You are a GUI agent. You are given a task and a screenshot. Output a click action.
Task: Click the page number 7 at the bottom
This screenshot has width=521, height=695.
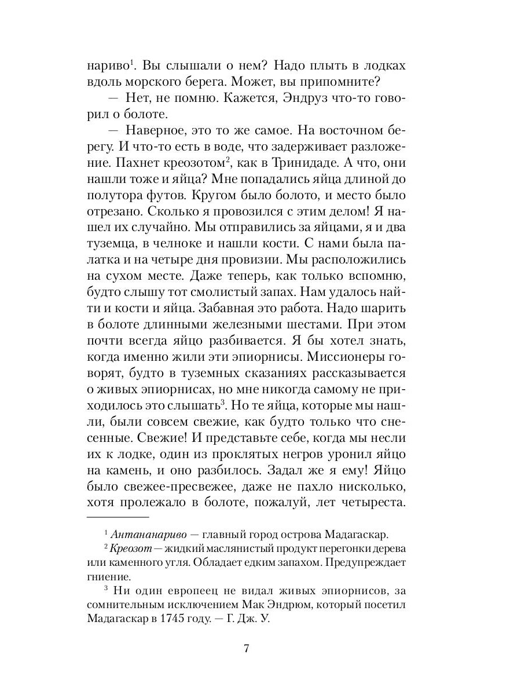[247, 649]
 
